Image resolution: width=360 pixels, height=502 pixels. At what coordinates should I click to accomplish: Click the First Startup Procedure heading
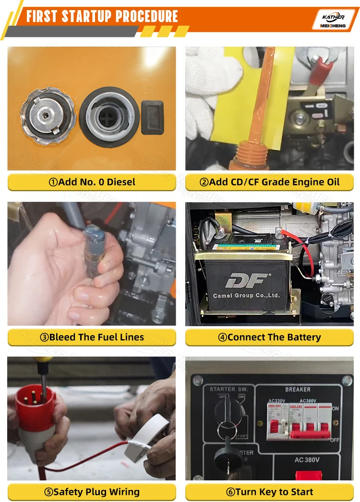click(102, 17)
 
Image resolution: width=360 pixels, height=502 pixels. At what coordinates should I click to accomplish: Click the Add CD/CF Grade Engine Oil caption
click(269, 182)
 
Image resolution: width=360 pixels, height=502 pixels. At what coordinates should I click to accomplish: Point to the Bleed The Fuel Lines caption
click(92, 337)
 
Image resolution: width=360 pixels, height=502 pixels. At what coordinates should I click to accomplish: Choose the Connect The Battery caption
click(269, 337)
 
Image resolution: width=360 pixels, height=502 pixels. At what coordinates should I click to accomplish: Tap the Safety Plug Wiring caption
click(92, 492)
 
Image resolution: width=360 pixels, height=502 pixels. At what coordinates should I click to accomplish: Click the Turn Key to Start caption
click(269, 492)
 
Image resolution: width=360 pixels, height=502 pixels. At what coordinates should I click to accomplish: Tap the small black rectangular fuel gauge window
click(152, 117)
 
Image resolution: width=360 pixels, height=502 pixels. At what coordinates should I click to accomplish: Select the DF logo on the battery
click(248, 280)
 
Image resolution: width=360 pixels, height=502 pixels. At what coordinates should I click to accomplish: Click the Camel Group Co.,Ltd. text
click(246, 295)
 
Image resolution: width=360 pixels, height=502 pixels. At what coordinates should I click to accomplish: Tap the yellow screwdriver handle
click(41, 359)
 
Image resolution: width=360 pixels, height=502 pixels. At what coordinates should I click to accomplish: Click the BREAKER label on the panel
click(298, 389)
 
